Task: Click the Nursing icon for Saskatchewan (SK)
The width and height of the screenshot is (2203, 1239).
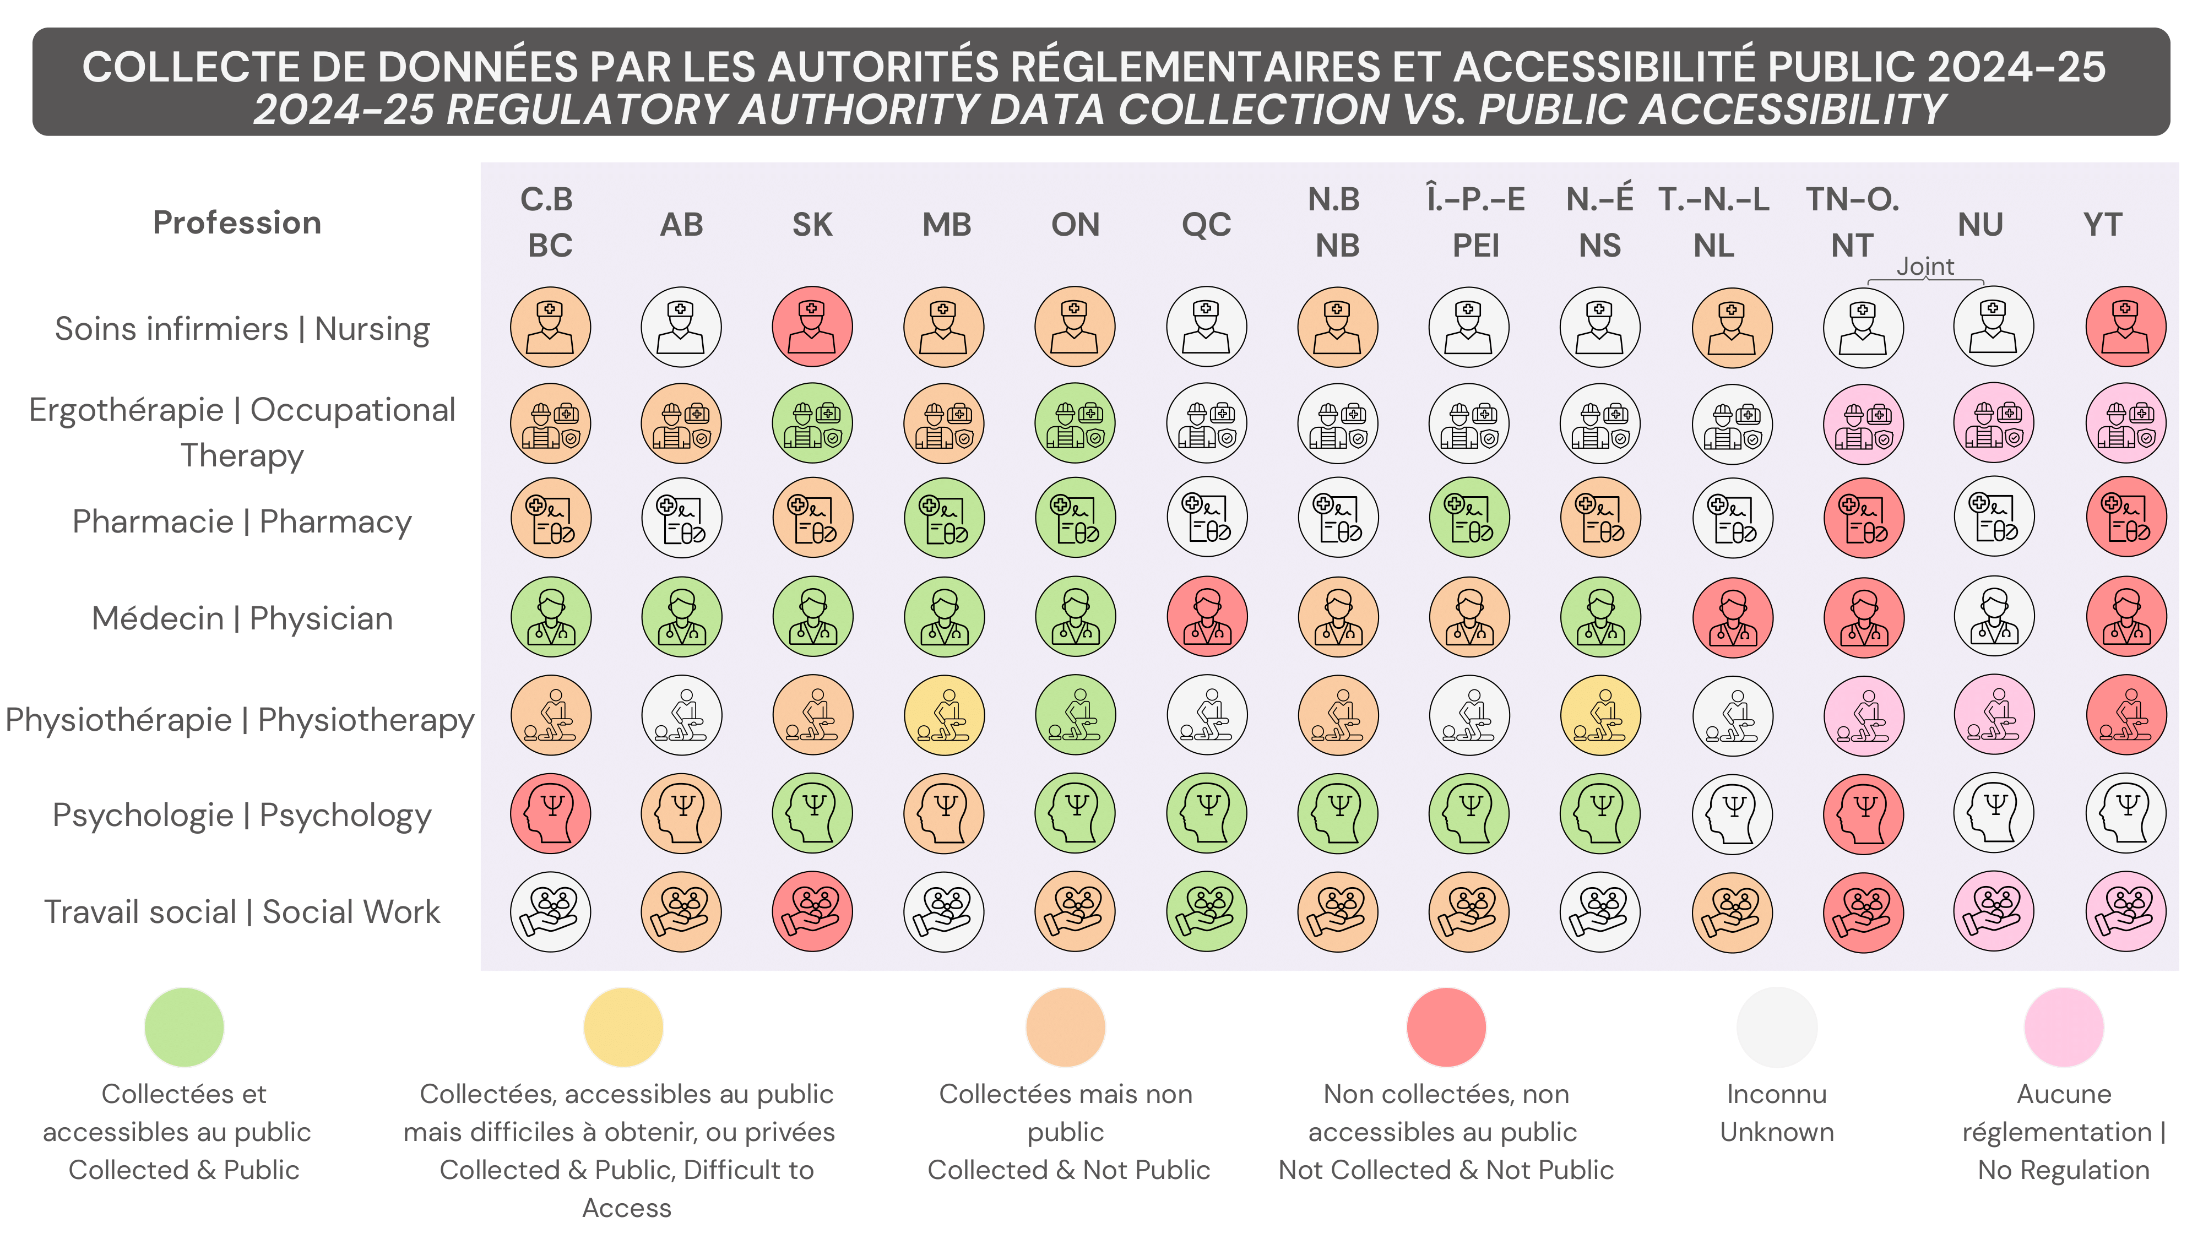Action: pos(812,327)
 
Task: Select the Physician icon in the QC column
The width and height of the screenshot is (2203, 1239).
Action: pos(1207,617)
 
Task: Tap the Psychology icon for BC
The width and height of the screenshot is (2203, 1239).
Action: pos(551,813)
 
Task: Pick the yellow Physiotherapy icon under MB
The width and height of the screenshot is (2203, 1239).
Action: pos(944,715)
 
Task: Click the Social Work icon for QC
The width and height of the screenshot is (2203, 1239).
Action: pos(1207,911)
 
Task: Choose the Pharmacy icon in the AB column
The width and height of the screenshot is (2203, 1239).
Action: pos(682,517)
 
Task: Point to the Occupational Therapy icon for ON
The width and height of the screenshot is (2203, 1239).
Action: pos(1075,423)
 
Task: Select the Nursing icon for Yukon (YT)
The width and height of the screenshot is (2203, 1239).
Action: pos(2126,327)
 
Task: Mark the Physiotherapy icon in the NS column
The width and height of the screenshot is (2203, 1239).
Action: pos(1600,715)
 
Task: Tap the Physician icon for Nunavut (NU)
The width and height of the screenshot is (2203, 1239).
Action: pos(1994,617)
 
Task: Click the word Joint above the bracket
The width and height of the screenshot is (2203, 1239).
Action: pos(1925,267)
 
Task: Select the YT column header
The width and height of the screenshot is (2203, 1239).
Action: pos(2102,225)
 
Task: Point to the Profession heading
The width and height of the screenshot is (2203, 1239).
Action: pos(237,222)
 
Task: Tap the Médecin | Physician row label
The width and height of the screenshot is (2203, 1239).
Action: pos(242,618)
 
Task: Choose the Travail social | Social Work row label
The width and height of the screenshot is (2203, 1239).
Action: pos(242,911)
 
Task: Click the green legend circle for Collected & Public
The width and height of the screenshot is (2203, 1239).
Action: pos(184,1027)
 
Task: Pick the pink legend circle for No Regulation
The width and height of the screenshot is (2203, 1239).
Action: pos(2064,1027)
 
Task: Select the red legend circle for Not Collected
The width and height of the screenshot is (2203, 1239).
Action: pos(1446,1027)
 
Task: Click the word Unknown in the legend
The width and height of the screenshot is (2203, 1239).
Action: pos(1776,1132)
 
